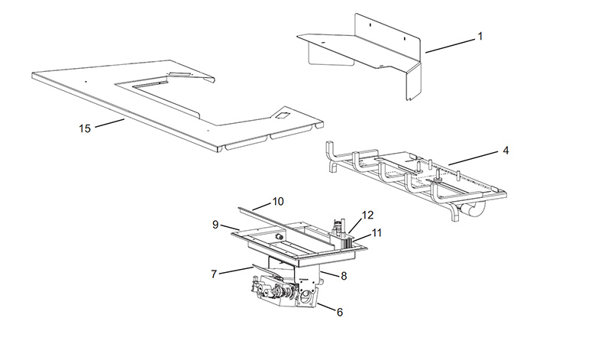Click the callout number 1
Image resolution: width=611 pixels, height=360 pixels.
[x=480, y=36]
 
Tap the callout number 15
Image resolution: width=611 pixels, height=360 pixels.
[x=85, y=128]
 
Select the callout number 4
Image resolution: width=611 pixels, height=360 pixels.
[x=506, y=150]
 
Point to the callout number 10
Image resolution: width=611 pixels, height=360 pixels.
[x=278, y=201]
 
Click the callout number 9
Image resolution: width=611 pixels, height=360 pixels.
[x=215, y=225]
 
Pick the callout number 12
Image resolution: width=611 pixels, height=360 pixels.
[x=367, y=215]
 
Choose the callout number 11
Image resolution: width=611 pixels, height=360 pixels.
[x=376, y=233]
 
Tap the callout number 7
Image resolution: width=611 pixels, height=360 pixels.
[x=214, y=274]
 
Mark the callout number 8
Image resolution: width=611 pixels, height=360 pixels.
[x=343, y=276]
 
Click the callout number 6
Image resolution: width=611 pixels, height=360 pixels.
[x=339, y=312]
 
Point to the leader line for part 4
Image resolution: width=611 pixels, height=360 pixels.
[x=474, y=158]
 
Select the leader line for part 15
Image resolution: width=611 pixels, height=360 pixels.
[x=109, y=123]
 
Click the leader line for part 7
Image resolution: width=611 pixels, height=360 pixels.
[x=236, y=271]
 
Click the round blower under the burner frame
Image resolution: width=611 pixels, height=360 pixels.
[x=472, y=209]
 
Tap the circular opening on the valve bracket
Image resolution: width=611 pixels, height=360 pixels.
[x=308, y=297]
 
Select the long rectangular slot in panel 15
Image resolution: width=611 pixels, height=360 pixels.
[x=150, y=84]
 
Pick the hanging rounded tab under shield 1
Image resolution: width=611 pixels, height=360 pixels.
[x=331, y=55]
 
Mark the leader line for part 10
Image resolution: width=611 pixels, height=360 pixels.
[x=262, y=206]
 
